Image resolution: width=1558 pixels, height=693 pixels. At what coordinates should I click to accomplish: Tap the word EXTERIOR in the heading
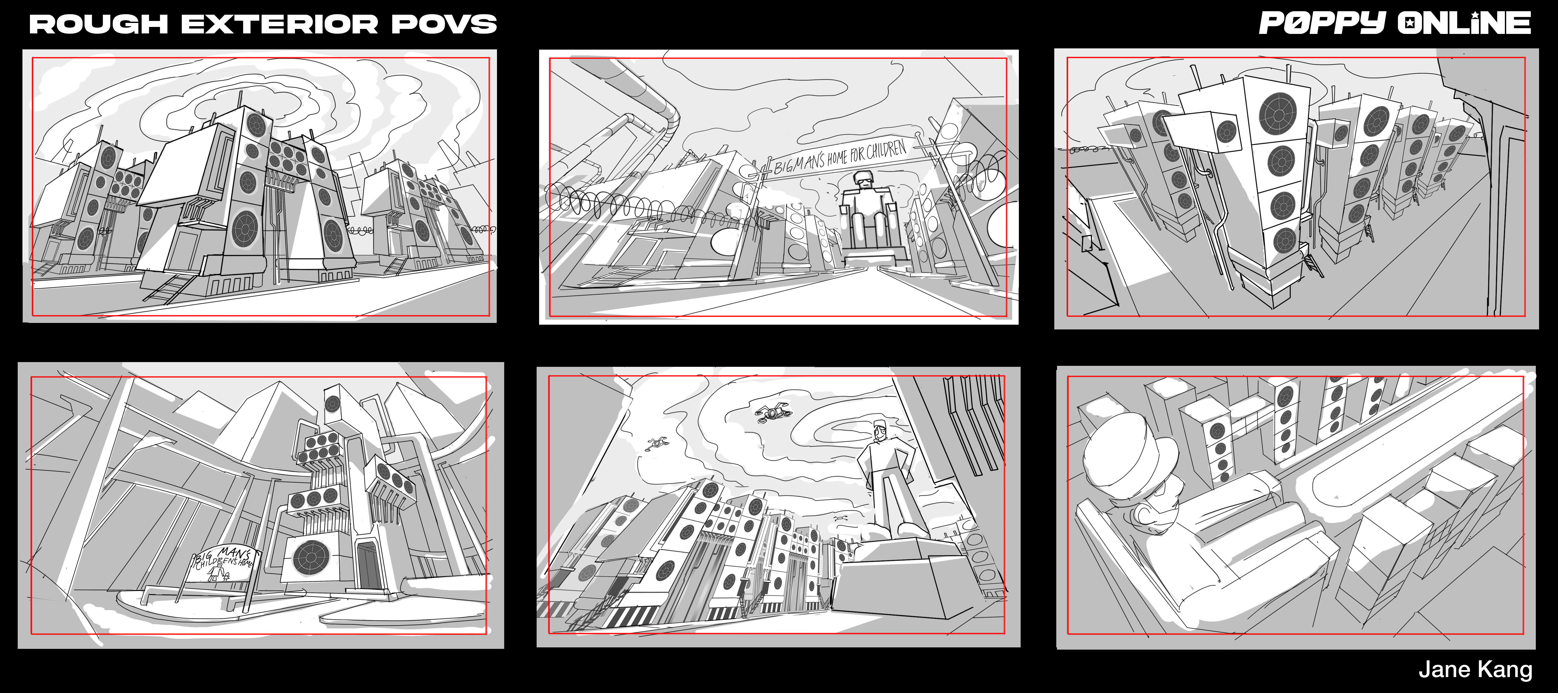280,24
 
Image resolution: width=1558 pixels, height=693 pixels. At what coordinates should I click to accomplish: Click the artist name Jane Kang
1476,669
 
